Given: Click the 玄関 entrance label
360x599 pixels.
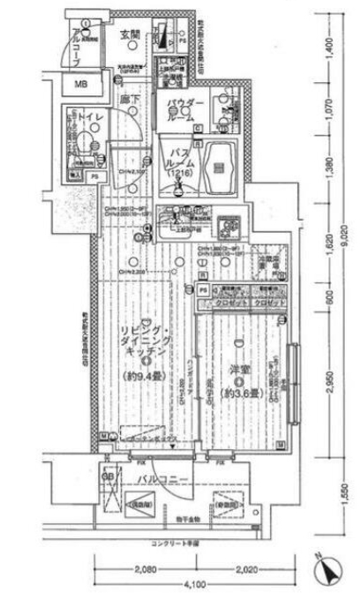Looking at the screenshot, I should pyautogui.click(x=129, y=34).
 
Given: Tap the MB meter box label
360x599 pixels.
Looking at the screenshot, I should pyautogui.click(x=80, y=85).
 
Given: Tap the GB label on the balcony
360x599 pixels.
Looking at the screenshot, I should pyautogui.click(x=108, y=477).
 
